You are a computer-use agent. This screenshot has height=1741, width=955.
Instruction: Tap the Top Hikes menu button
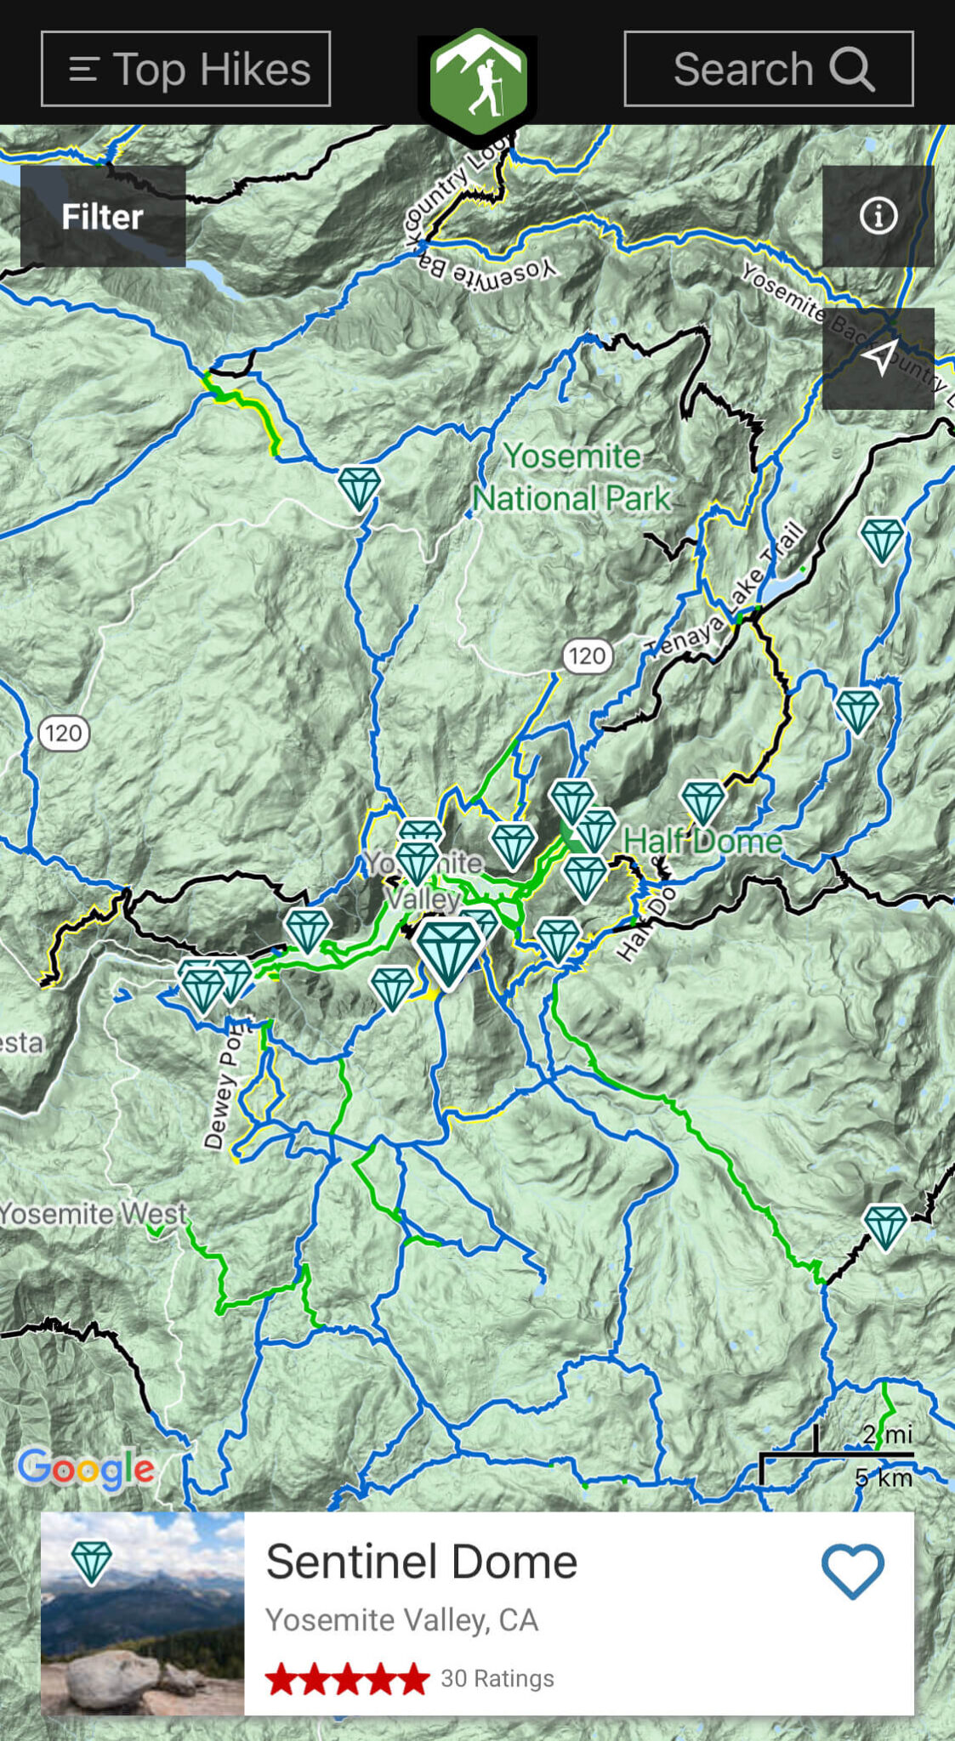click(185, 69)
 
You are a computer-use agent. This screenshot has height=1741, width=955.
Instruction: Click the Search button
click(768, 69)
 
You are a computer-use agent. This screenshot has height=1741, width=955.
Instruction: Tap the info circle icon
click(878, 216)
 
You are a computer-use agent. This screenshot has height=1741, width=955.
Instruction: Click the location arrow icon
click(878, 358)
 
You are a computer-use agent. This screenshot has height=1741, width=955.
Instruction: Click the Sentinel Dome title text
click(421, 1562)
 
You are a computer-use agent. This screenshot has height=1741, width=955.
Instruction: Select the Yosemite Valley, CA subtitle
click(401, 1620)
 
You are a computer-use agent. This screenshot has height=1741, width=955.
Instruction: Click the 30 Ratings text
click(497, 1678)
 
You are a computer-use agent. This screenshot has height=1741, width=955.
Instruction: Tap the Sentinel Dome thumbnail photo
click(142, 1613)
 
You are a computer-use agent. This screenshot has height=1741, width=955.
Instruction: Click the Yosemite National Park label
click(571, 477)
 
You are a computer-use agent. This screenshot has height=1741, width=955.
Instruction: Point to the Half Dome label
click(702, 841)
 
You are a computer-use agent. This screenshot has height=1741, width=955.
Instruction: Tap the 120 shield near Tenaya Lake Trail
click(587, 656)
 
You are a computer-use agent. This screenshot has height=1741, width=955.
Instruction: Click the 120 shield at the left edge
click(64, 733)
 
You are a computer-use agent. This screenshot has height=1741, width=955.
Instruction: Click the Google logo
click(86, 1468)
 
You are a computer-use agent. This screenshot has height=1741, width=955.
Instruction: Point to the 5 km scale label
click(884, 1477)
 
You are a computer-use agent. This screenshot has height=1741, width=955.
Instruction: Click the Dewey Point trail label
click(224, 1088)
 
